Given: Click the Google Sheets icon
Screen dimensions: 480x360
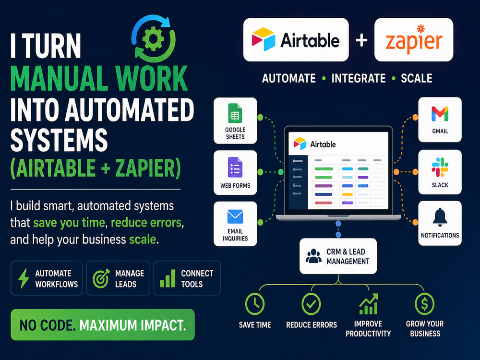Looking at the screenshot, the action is (x=235, y=113).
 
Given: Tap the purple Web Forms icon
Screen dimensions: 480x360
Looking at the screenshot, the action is (x=235, y=167).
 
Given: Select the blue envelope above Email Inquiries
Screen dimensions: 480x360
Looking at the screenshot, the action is (x=235, y=217).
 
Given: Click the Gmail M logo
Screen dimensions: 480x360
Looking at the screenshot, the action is (x=440, y=114).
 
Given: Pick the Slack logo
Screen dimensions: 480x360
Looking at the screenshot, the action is (x=440, y=167).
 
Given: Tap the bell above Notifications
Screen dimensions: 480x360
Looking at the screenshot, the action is (x=440, y=217).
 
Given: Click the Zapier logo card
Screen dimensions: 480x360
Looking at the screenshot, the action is (x=414, y=39).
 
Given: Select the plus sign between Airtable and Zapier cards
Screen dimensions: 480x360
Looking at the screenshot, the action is (x=361, y=40).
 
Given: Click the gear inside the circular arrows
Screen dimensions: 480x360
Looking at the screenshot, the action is (x=154, y=39).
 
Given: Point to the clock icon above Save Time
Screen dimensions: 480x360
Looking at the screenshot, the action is (x=255, y=304).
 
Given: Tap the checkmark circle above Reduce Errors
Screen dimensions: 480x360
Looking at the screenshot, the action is (x=311, y=304).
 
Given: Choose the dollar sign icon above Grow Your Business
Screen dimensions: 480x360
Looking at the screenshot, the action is (x=425, y=304).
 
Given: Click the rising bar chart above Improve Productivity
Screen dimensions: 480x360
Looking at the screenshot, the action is (x=368, y=304).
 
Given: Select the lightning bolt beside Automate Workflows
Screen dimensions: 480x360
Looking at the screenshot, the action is (x=24, y=278).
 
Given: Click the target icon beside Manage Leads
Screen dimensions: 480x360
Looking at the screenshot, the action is (x=101, y=278).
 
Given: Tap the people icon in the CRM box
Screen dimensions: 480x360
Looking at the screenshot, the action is (x=313, y=256).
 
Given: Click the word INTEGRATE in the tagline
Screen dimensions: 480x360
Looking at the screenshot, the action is (x=359, y=78).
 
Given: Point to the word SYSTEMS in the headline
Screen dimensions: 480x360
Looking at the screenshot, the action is (x=59, y=140).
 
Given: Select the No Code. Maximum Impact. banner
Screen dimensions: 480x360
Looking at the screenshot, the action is (x=103, y=325).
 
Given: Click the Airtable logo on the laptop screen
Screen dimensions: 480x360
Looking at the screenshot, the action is (x=315, y=144).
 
